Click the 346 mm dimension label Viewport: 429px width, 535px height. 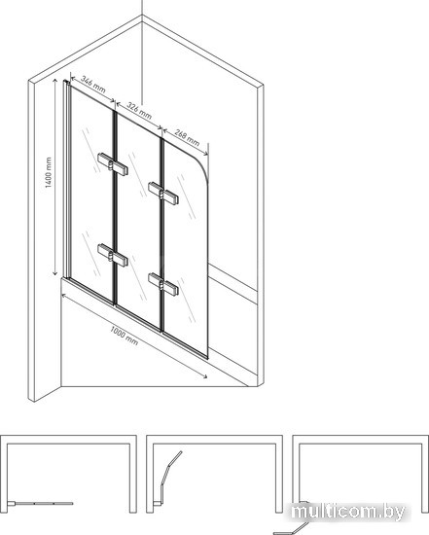92,85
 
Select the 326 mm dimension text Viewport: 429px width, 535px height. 139,110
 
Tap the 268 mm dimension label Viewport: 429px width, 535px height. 187,137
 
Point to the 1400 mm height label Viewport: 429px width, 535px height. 49,172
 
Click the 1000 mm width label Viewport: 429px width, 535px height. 125,336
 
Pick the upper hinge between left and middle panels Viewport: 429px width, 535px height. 113,164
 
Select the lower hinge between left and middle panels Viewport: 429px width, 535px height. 113,255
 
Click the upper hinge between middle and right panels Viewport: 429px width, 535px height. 163,194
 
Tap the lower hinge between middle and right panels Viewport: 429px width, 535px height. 163,284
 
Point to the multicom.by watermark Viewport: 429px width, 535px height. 348,512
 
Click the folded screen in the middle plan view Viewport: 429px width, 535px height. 169,477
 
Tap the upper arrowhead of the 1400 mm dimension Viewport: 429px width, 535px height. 54,81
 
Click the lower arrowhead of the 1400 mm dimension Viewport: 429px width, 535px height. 54,272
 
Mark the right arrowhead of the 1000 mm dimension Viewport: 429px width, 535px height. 204,376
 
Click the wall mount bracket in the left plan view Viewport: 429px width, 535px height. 11,504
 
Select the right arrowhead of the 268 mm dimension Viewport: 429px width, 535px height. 205,154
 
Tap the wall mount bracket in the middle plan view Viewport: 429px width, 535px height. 158,504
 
